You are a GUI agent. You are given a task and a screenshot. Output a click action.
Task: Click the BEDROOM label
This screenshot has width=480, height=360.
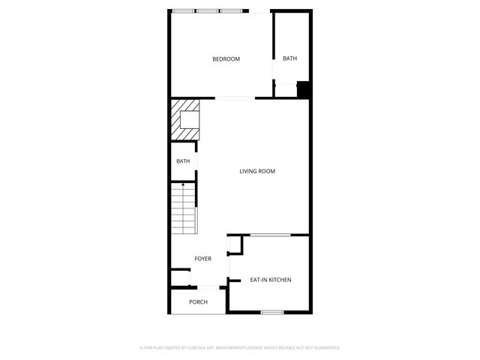[x=226, y=59]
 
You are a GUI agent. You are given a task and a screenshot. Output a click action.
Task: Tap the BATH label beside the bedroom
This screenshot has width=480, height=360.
[x=289, y=58]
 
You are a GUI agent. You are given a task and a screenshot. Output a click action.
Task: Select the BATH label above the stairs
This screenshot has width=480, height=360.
[x=183, y=161]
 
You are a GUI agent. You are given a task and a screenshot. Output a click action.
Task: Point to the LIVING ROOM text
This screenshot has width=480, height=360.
[x=257, y=172]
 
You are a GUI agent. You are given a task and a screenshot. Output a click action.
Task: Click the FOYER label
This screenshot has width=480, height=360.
[x=202, y=259]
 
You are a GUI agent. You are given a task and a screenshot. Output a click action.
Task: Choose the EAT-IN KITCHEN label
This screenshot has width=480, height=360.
[x=270, y=280]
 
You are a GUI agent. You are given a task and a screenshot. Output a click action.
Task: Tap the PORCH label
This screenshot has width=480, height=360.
[x=198, y=302]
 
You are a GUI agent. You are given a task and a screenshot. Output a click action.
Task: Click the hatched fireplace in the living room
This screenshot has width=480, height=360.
[x=186, y=119]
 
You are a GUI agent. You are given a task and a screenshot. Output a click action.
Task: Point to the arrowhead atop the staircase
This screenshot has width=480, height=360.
[x=184, y=184]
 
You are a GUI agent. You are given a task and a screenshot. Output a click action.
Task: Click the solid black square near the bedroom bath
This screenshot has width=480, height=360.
[x=304, y=89]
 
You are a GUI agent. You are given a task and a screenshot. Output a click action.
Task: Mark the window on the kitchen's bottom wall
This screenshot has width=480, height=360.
[x=271, y=311]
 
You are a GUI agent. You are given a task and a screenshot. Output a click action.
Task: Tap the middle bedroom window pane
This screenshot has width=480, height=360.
[x=208, y=10]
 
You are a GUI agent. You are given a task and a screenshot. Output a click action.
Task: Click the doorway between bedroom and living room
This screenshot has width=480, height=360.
[x=235, y=98]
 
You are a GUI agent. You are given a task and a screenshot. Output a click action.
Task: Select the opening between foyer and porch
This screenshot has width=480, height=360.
[x=207, y=286]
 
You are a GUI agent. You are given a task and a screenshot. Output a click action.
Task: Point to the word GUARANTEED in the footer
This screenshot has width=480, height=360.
[x=324, y=348]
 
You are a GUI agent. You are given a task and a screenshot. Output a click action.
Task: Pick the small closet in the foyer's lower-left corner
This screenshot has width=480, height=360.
[x=179, y=278]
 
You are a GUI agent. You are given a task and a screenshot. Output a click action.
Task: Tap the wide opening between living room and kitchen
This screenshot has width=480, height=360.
[x=270, y=235]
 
